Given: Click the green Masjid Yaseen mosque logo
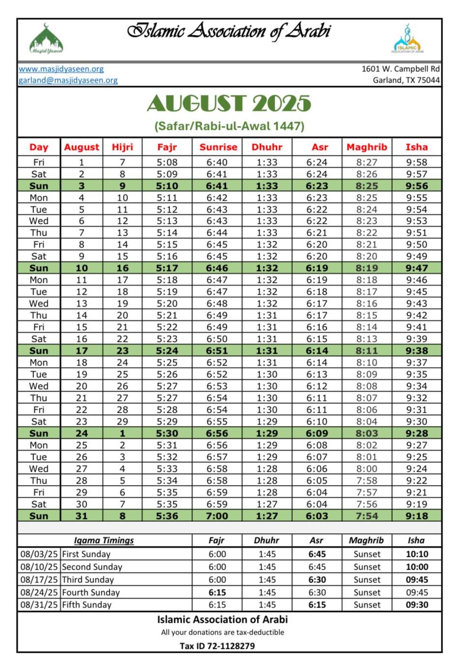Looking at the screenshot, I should pos(46,39).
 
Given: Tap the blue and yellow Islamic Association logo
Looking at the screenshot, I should pos(407,39).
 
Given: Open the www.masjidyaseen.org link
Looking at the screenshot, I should pos(61,69).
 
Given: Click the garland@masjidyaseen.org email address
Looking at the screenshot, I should pos(68,80).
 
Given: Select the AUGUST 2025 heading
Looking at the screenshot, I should pos(229,103).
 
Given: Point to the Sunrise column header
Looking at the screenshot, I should pos(218,147).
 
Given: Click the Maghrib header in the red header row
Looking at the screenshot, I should pos(367,147).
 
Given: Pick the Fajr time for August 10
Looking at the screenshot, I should pos(167,268).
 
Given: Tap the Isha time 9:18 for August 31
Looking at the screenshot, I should pos(416,516).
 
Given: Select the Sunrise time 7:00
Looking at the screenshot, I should pos(217,516).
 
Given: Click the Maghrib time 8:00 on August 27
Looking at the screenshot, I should pos(367,469).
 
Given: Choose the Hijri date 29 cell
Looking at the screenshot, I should pos(122,422).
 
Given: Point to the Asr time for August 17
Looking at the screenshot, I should pos(317,351).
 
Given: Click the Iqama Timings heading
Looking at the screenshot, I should pos(104,540).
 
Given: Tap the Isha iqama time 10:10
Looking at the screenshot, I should pos(417,554).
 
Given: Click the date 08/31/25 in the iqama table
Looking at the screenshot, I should pos(39,605).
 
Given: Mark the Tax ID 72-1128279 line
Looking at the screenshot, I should pos(217,646).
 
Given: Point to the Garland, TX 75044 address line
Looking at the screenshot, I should pos(406,80).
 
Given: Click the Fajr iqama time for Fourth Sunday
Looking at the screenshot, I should pos(217,592).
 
